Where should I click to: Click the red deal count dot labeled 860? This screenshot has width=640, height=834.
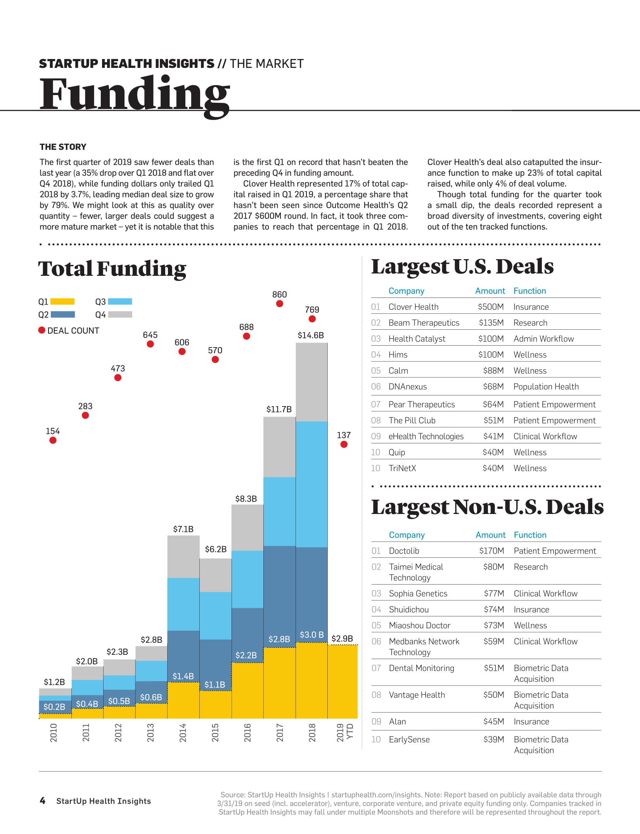click(x=279, y=304)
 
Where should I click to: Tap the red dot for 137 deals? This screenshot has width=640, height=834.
click(x=344, y=445)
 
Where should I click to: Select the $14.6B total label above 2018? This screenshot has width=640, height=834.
click(x=311, y=335)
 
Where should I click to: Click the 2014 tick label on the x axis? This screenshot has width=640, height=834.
click(x=183, y=733)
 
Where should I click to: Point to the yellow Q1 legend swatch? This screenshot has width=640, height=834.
click(x=62, y=301)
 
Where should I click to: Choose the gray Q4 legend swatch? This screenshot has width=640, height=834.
click(x=120, y=315)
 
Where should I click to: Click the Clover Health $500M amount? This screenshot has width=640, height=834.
click(x=491, y=307)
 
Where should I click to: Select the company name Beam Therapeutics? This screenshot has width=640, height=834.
click(x=424, y=323)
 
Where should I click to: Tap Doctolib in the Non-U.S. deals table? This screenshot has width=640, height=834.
click(x=404, y=551)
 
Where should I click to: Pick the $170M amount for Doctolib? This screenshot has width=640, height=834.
click(x=491, y=551)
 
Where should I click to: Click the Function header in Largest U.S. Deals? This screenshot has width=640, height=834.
click(x=529, y=291)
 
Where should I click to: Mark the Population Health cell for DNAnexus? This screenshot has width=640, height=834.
click(x=546, y=386)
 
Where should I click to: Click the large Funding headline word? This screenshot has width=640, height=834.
click(x=135, y=94)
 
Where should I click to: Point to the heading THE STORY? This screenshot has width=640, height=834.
click(x=63, y=147)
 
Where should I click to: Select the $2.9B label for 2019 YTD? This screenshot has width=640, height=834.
click(x=342, y=638)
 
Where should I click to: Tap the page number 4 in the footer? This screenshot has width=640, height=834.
click(x=43, y=801)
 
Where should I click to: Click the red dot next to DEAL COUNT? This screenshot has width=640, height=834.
click(x=42, y=330)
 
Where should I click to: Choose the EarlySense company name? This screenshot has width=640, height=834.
click(x=409, y=739)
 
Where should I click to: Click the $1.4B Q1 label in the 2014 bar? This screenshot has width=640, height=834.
click(x=183, y=676)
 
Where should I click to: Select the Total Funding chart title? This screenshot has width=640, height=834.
click(x=112, y=269)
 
